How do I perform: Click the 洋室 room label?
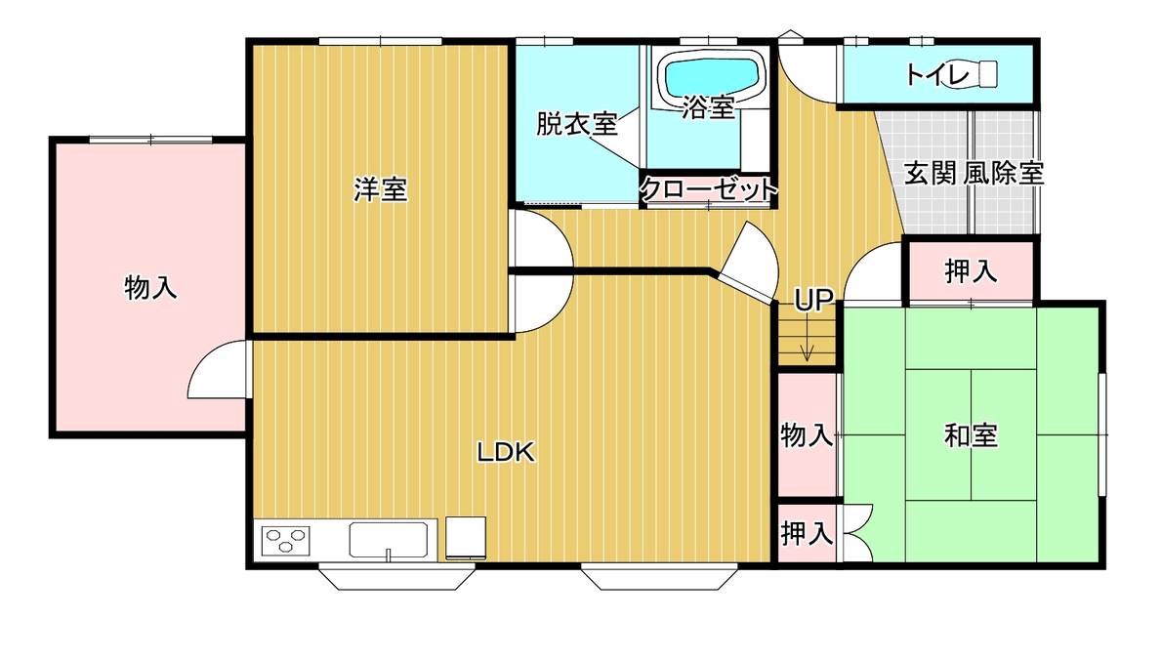pyautogui.click(x=380, y=190)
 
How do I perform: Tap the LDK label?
pyautogui.click(x=506, y=452)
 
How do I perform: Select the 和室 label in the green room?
pyautogui.click(x=971, y=435)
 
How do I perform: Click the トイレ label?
pyautogui.click(x=937, y=74)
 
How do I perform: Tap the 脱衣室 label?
pyautogui.click(x=577, y=124)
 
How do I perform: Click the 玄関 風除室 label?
pyautogui.click(x=974, y=173)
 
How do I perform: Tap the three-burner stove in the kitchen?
pyautogui.click(x=286, y=540)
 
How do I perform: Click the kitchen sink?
pyautogui.click(x=389, y=539)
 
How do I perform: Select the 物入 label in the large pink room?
pyautogui.click(x=151, y=287)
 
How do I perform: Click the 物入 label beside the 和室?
pyautogui.click(x=807, y=434)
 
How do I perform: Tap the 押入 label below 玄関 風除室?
pyautogui.click(x=971, y=271)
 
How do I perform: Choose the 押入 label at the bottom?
pyautogui.click(x=807, y=533)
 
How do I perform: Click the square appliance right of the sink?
pyautogui.click(x=466, y=538)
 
